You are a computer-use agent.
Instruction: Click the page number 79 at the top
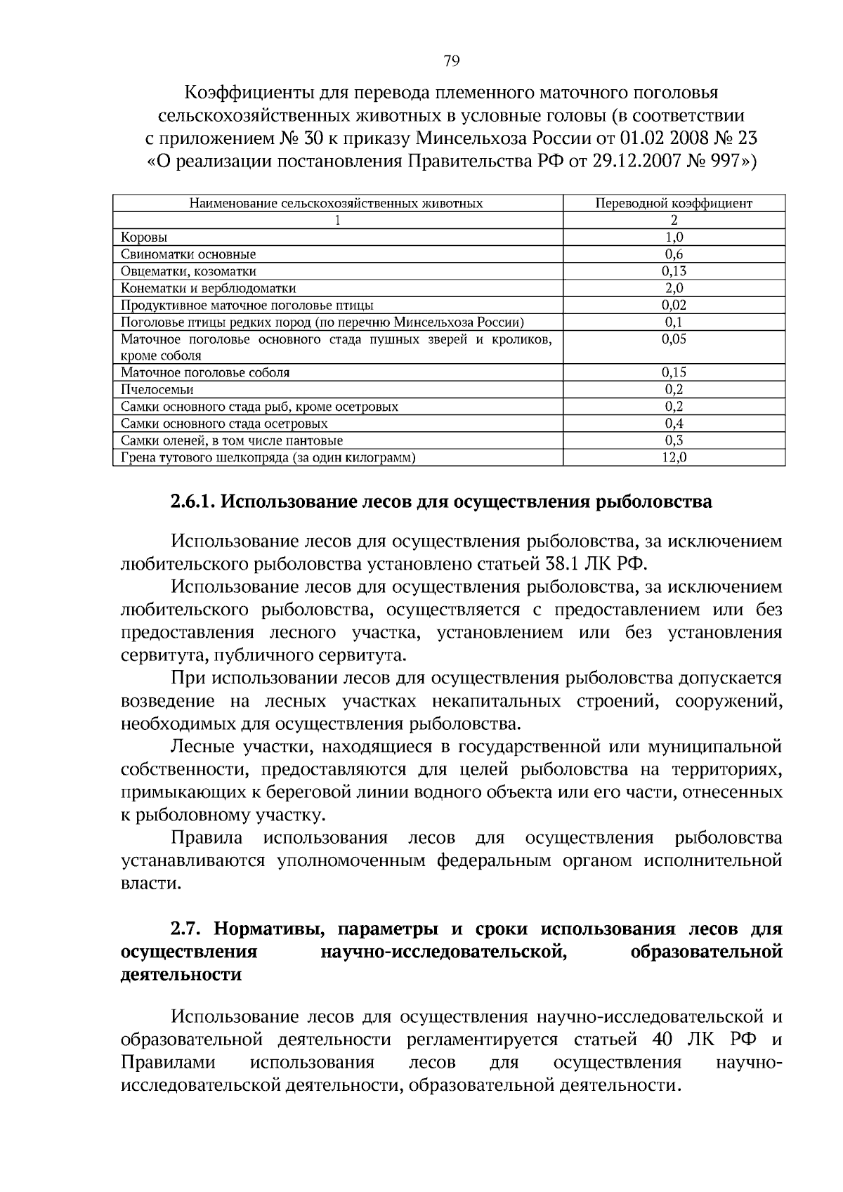[x=452, y=61]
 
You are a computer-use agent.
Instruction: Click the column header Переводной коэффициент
[x=674, y=204]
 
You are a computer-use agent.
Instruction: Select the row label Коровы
[x=144, y=238]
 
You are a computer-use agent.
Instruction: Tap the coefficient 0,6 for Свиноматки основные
[x=674, y=255]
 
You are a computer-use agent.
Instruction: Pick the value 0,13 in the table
[x=674, y=272]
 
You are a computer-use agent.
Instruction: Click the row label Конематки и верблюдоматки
[x=208, y=289]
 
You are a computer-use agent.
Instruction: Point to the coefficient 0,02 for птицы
[x=674, y=306]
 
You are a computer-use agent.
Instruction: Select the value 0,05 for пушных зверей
[x=674, y=339]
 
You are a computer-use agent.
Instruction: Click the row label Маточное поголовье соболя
[x=205, y=373]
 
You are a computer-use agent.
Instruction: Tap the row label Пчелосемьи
[x=157, y=390]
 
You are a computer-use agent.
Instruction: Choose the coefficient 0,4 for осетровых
[x=674, y=424]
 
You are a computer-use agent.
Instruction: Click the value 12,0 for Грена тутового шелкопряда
[x=674, y=457]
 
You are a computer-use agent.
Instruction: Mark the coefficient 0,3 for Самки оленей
[x=674, y=440]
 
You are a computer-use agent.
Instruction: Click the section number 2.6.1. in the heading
[x=193, y=502]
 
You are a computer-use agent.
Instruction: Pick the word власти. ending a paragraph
[x=151, y=884]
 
